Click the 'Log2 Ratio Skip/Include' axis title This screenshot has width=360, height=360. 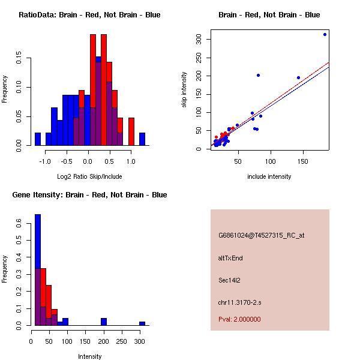coord(89,176)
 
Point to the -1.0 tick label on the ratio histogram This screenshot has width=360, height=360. coord(45,161)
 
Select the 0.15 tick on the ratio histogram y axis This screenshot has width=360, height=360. coord(19,59)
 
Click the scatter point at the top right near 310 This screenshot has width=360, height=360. coord(325,34)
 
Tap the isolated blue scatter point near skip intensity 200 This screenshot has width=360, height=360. coord(258,75)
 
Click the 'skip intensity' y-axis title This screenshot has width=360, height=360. coord(184,90)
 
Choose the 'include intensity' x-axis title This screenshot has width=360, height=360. coord(269,176)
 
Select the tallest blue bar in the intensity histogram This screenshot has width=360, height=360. coord(38,270)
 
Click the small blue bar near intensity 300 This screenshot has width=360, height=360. coord(142,323)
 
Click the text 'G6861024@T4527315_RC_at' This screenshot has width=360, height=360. coord(261,236)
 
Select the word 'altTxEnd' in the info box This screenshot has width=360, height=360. coord(230,258)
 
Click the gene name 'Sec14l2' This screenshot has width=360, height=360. coord(229,280)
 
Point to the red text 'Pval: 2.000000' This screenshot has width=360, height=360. coord(239,319)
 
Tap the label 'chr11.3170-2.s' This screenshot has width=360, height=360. coord(239,302)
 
